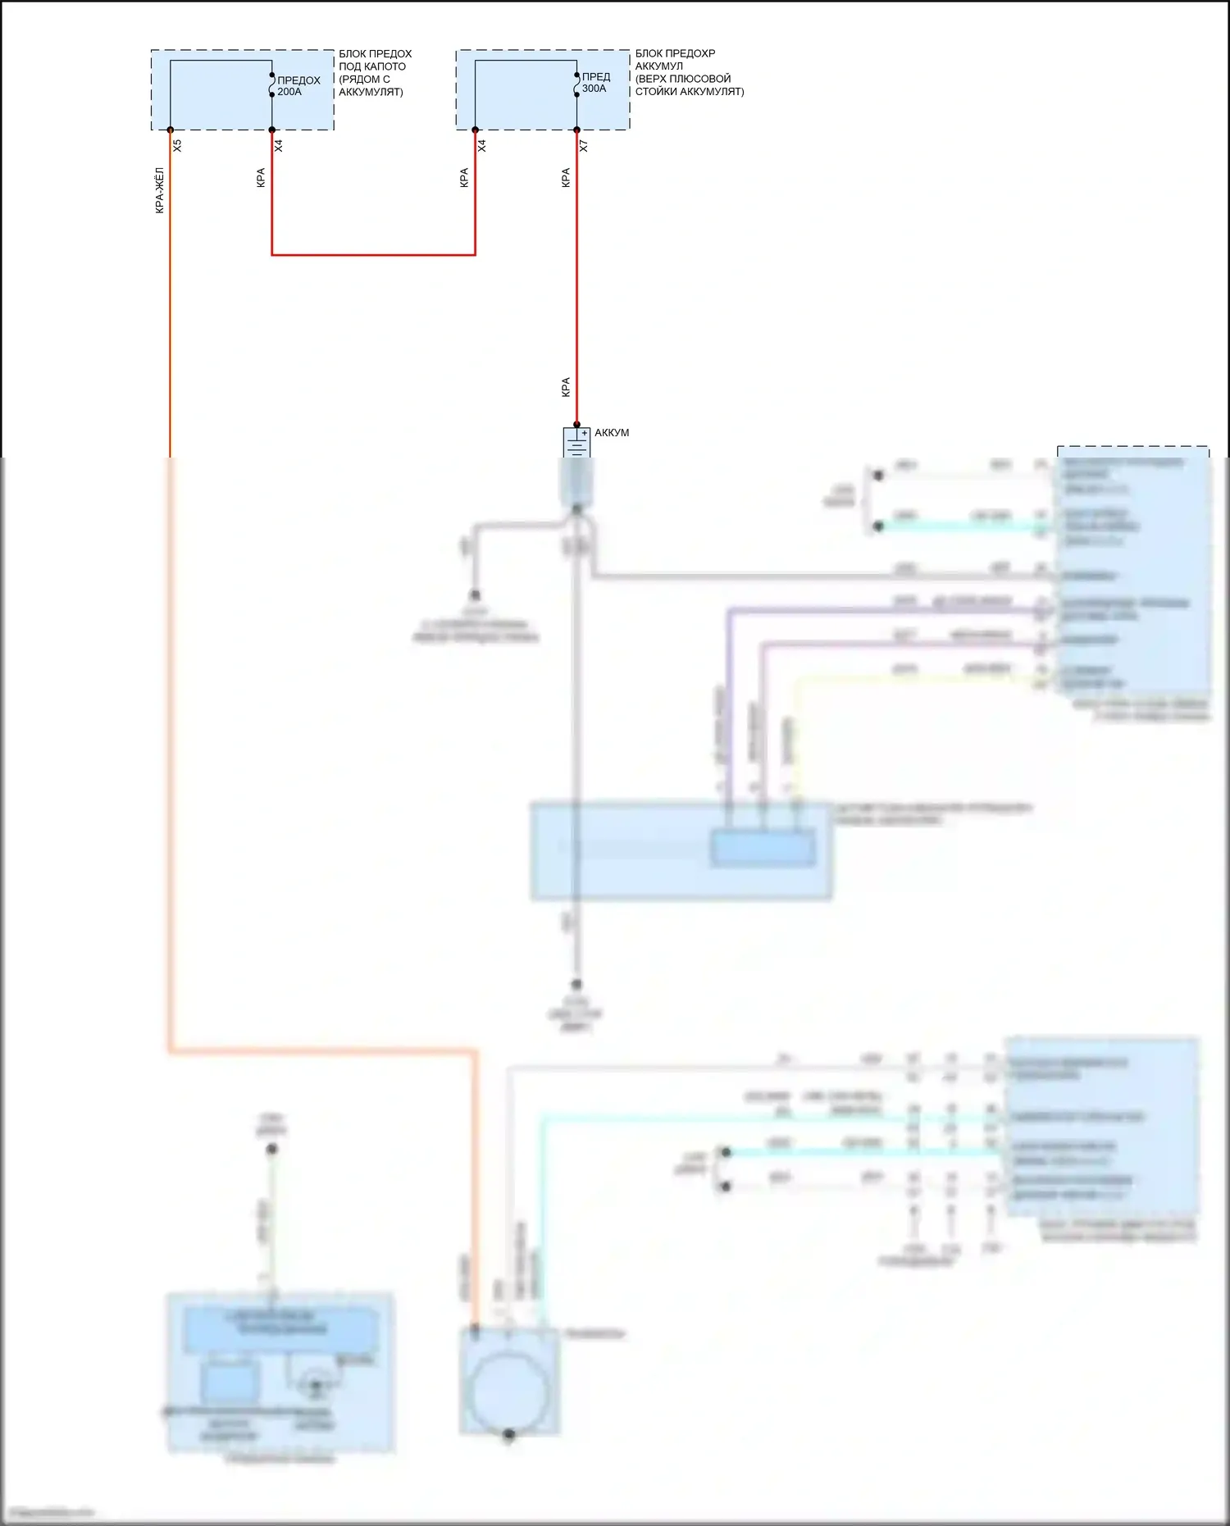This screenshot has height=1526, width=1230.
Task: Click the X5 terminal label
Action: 177,145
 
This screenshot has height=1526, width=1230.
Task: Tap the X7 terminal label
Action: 584,146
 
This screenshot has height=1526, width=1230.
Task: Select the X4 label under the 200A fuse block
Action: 279,145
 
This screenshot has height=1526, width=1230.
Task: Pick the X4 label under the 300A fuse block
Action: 482,145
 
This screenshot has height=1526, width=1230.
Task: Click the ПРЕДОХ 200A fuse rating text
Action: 298,86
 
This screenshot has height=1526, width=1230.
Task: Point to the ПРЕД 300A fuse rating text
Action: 595,83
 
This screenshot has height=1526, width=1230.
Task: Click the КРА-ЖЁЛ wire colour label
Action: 159,190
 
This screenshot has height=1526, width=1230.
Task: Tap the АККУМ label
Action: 612,433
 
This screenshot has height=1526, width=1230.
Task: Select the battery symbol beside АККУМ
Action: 576,444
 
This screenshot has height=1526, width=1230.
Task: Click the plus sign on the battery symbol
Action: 585,433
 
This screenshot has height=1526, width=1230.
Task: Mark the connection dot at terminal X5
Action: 171,130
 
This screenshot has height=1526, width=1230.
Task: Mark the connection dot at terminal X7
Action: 576,130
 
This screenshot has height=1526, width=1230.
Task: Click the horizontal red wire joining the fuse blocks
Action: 373,255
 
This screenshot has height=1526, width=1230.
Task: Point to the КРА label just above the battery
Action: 566,387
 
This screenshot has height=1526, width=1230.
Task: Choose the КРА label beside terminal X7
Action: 566,178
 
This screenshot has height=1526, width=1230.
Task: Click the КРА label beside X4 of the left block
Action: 261,178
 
